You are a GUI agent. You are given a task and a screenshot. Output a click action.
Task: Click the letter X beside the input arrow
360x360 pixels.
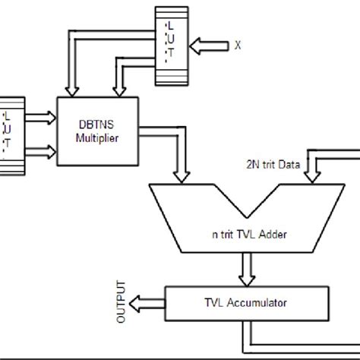click(238, 45)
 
